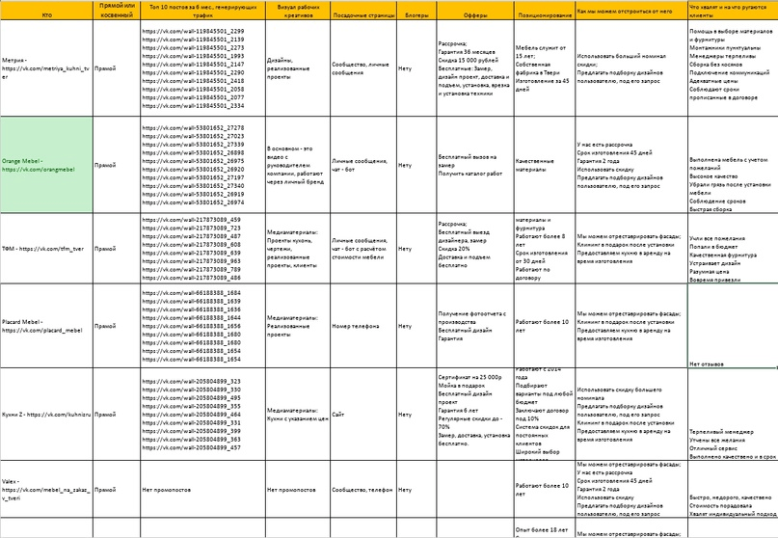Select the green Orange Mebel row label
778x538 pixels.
pyautogui.click(x=47, y=164)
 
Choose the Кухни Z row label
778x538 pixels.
pyautogui.click(x=47, y=414)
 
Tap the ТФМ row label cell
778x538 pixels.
pyautogui.click(x=47, y=248)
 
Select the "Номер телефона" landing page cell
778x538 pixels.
pyautogui.click(x=353, y=325)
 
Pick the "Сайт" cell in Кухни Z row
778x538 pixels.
pyautogui.click(x=338, y=414)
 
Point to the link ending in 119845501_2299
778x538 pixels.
pyautogui.click(x=192, y=32)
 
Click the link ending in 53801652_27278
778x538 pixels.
pyautogui.click(x=192, y=127)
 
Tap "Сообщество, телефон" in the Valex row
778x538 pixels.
pyautogui.click(x=363, y=490)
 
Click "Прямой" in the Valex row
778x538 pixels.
pyautogui.click(x=106, y=490)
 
